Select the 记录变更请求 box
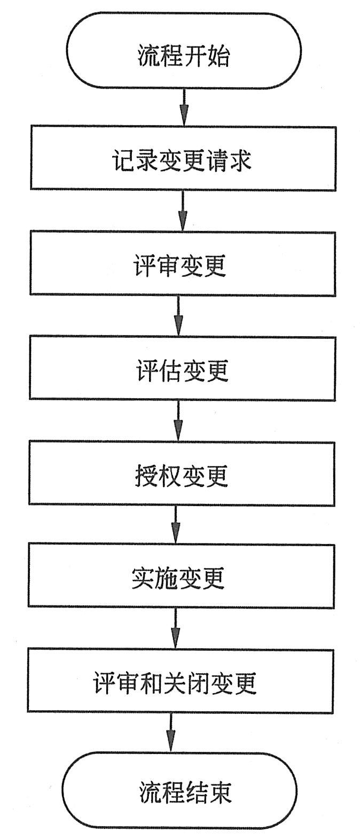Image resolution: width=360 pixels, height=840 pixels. point(183,158)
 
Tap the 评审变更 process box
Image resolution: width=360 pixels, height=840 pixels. point(182,263)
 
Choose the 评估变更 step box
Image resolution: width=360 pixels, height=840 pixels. point(182,368)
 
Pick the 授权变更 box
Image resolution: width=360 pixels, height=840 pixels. point(182,473)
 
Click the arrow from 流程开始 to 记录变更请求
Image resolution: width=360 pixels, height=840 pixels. point(184,107)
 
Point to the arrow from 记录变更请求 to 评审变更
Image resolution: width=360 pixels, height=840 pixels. point(183,210)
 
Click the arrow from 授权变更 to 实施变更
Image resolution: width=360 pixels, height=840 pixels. point(176,524)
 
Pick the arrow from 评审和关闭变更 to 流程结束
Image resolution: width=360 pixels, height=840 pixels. point(171,732)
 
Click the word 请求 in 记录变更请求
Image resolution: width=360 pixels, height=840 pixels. point(228,159)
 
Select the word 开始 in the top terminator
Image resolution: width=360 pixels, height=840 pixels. point(207,56)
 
